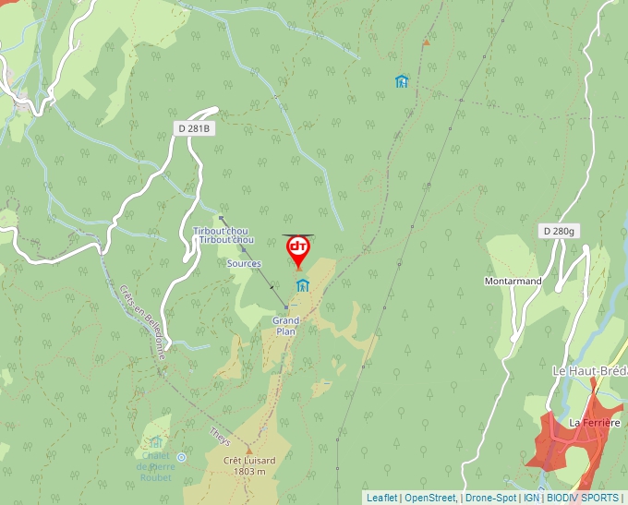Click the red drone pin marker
(298, 249)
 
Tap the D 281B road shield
(195, 129)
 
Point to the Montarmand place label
(512, 281)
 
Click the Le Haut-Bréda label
(589, 370)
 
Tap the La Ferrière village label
(592, 423)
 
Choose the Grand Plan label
(285, 326)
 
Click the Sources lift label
(244, 263)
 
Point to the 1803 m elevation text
(249, 472)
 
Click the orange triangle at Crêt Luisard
(248, 450)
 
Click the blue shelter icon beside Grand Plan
(302, 284)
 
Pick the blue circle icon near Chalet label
(181, 457)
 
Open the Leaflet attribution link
(381, 498)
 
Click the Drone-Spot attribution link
(489, 498)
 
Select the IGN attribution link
(531, 498)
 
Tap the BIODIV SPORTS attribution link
(583, 498)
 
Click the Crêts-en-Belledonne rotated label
(142, 319)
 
